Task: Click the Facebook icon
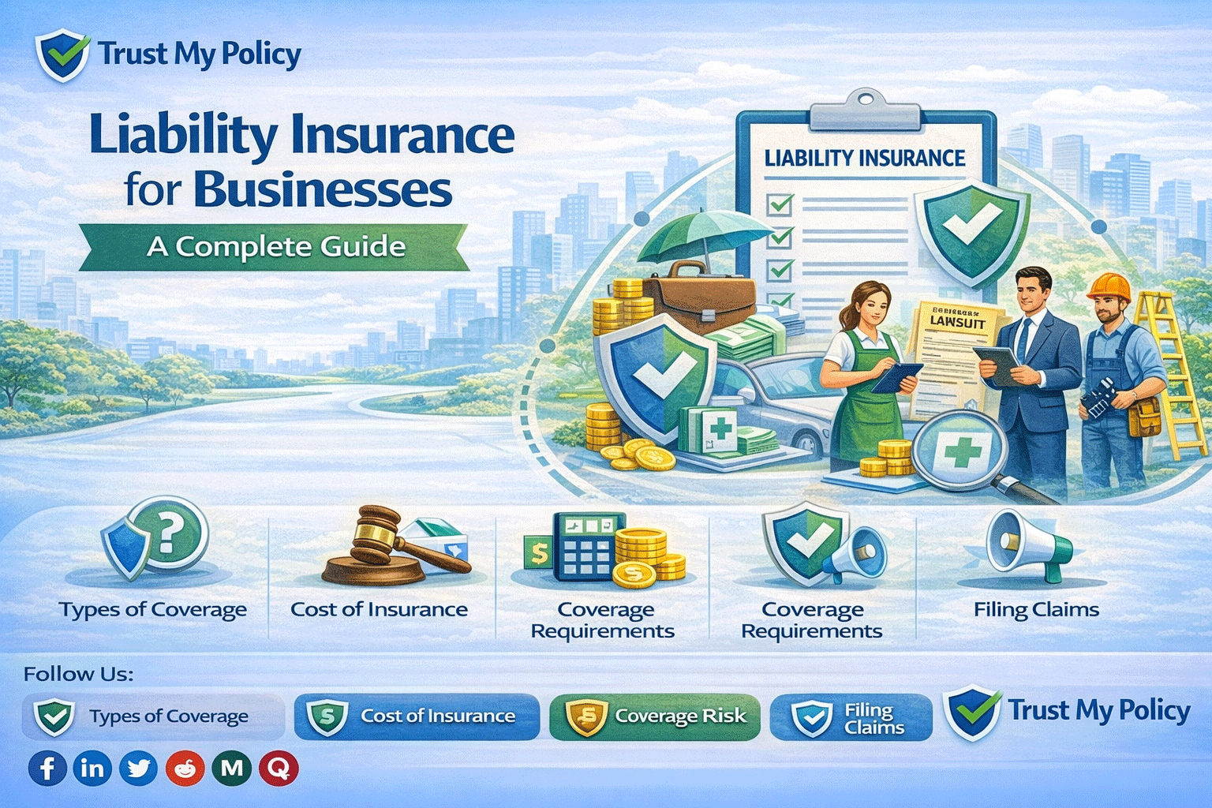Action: (47, 768)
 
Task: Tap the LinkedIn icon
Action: (92, 768)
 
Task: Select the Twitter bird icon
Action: (138, 768)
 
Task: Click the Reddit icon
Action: (185, 768)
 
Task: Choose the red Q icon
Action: (279, 768)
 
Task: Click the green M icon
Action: (232, 768)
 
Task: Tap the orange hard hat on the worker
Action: (1109, 286)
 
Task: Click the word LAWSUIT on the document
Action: (957, 322)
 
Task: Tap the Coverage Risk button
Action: (654, 716)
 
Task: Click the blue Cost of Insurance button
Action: (417, 716)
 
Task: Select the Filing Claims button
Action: (851, 717)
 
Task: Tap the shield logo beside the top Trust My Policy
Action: (62, 54)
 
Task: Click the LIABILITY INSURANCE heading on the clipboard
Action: (865, 159)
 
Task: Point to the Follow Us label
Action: (78, 674)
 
